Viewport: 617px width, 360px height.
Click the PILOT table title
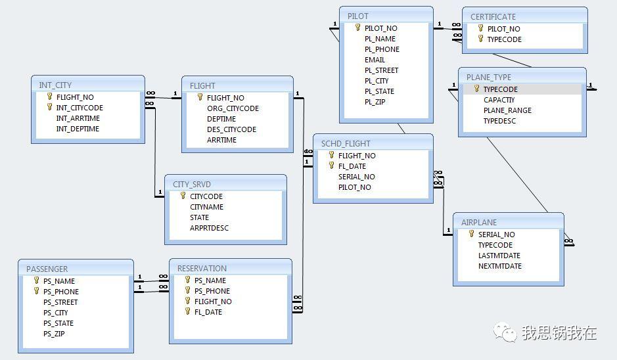(357, 16)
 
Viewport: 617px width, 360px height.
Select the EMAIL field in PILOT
(375, 60)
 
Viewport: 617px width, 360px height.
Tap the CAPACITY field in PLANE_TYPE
(499, 100)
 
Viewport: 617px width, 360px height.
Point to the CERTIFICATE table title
(493, 17)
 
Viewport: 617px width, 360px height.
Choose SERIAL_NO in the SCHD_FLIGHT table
(357, 177)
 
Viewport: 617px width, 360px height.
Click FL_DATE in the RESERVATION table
(208, 312)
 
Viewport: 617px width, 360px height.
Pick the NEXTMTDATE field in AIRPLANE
(500, 266)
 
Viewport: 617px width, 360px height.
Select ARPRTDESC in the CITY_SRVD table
(209, 228)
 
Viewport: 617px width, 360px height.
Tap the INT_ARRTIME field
(78, 118)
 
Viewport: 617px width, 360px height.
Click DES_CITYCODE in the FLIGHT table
(231, 129)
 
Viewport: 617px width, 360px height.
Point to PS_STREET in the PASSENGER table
(60, 302)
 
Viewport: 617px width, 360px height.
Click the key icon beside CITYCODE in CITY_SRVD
(183, 196)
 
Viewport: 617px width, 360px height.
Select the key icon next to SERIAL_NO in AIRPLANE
(471, 234)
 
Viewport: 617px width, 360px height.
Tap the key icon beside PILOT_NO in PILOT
(357, 28)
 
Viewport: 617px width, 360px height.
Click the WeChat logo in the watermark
(505, 332)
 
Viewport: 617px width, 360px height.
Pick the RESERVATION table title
(202, 268)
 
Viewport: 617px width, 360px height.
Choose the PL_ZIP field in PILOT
(375, 102)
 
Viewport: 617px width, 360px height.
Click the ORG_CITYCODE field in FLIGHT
(233, 108)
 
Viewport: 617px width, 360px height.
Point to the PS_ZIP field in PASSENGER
(54, 334)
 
